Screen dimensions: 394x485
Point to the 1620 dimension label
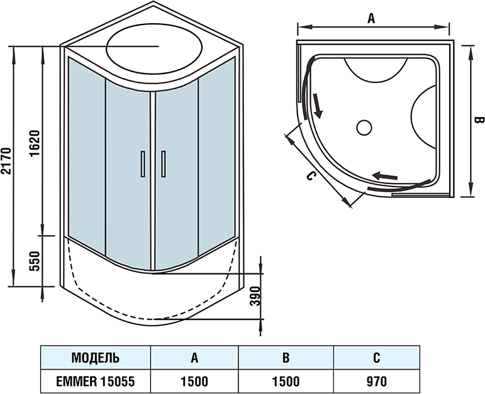click(x=35, y=144)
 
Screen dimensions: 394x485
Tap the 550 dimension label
click(x=35, y=260)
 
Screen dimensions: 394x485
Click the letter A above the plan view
click(x=371, y=19)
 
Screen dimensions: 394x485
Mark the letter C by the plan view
click(x=309, y=177)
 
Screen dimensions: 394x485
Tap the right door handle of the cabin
click(x=162, y=165)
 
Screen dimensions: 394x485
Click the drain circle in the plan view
click(x=364, y=128)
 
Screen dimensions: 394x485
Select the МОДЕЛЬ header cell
click(x=96, y=359)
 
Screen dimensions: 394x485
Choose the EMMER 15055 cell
click(x=96, y=380)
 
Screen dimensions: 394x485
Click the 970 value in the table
click(x=376, y=380)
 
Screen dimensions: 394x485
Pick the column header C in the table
click(x=376, y=359)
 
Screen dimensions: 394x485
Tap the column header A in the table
click(x=195, y=359)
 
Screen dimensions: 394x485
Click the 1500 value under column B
click(x=286, y=380)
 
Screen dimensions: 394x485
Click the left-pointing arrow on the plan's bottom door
click(x=386, y=176)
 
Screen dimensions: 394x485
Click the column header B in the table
click(x=286, y=359)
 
